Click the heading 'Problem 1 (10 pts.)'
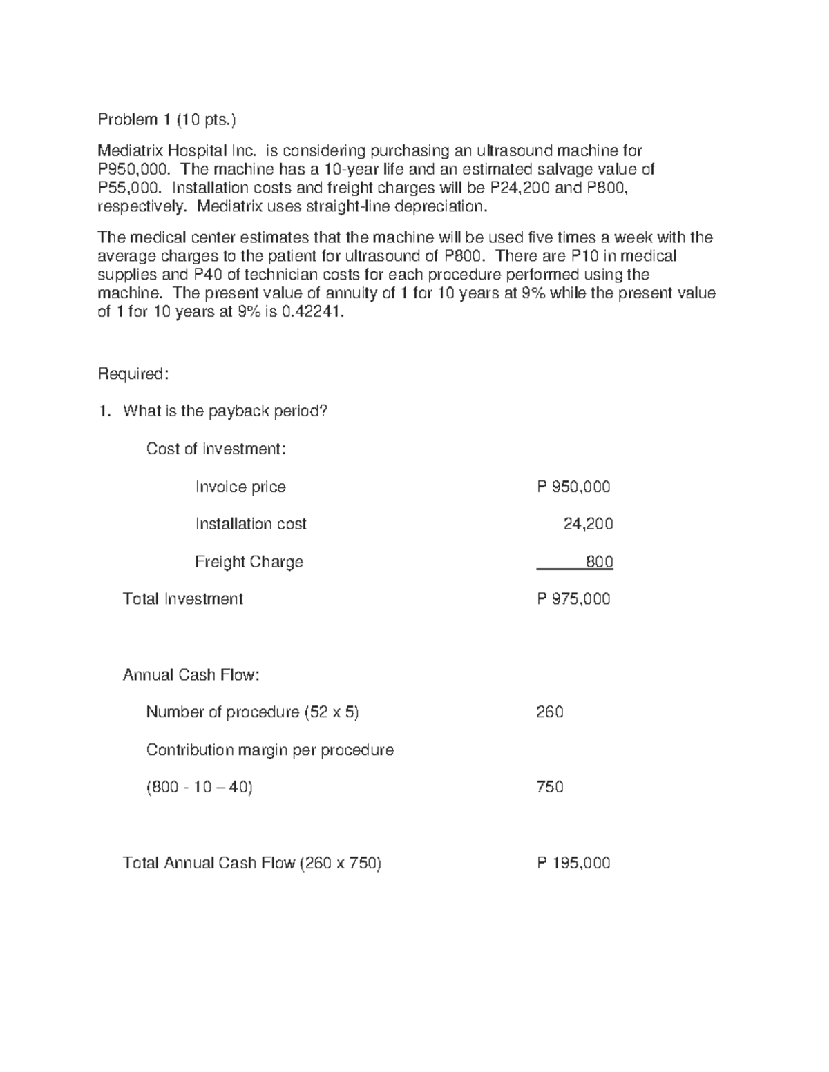(x=166, y=120)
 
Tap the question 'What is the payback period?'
(x=225, y=411)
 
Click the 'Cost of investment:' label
(x=216, y=449)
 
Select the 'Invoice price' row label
(x=240, y=487)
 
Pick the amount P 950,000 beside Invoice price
(x=573, y=487)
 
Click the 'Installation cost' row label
(x=251, y=525)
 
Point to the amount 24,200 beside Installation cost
(x=588, y=525)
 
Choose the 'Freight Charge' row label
(x=249, y=562)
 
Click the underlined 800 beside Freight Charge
(x=599, y=562)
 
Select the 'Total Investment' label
(x=182, y=599)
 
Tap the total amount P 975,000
(x=573, y=599)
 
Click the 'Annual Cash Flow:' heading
(x=191, y=675)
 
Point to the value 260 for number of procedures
(x=550, y=712)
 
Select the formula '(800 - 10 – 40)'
(x=200, y=788)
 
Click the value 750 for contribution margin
(x=550, y=788)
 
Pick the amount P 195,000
(x=573, y=863)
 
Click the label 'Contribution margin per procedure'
(x=269, y=750)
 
